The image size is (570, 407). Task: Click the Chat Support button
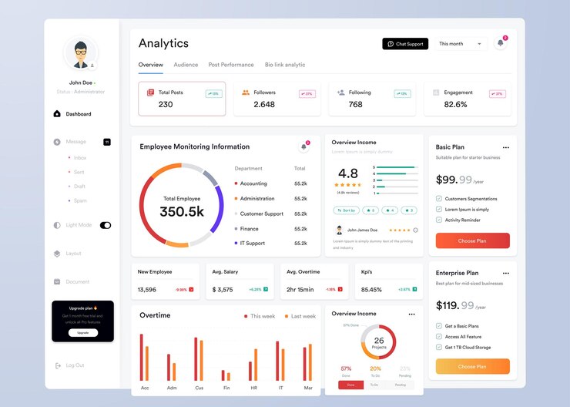coord(405,44)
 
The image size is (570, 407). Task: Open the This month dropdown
coord(461,44)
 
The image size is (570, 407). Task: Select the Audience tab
coord(186,65)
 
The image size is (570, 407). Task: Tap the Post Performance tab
coord(231,65)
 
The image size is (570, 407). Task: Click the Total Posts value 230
coord(166,105)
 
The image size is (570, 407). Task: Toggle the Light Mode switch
coord(106,225)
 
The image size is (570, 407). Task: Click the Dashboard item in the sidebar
coord(78,114)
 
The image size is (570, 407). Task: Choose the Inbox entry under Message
coord(80,158)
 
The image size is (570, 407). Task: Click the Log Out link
coord(75,365)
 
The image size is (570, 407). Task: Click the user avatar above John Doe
coord(81,53)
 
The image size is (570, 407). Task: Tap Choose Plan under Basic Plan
coord(472,240)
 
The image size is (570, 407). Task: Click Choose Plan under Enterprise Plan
coord(472,367)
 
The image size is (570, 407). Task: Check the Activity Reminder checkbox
coord(439,220)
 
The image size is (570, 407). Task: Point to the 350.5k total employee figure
coord(182,212)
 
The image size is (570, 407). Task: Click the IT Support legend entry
coord(252,244)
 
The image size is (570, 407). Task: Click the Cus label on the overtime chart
coord(199,388)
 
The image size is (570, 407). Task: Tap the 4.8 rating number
coord(348,173)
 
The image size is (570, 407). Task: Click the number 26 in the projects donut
coord(379,341)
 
